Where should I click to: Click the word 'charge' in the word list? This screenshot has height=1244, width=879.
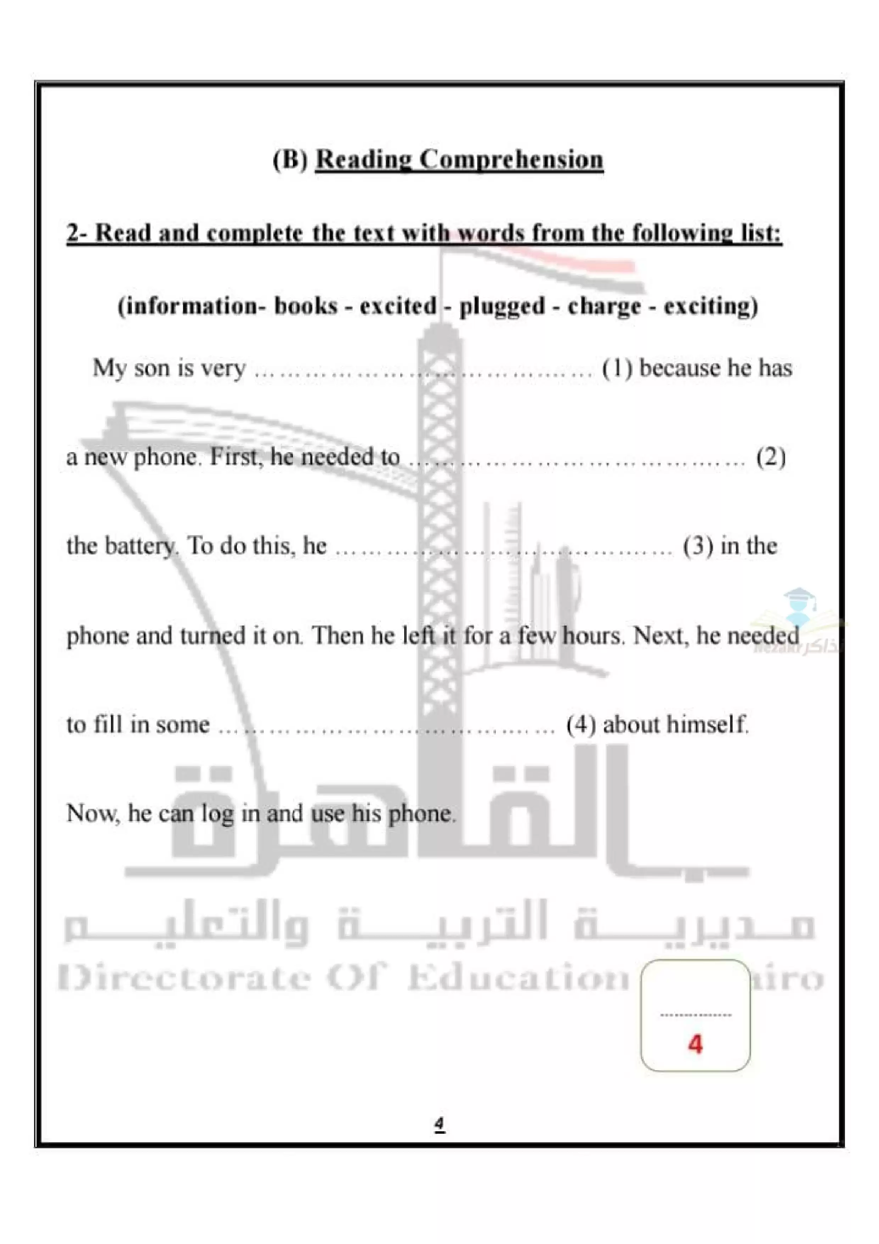604,306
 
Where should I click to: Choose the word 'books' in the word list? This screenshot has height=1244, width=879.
306,306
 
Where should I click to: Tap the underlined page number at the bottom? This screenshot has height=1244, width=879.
439,1124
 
